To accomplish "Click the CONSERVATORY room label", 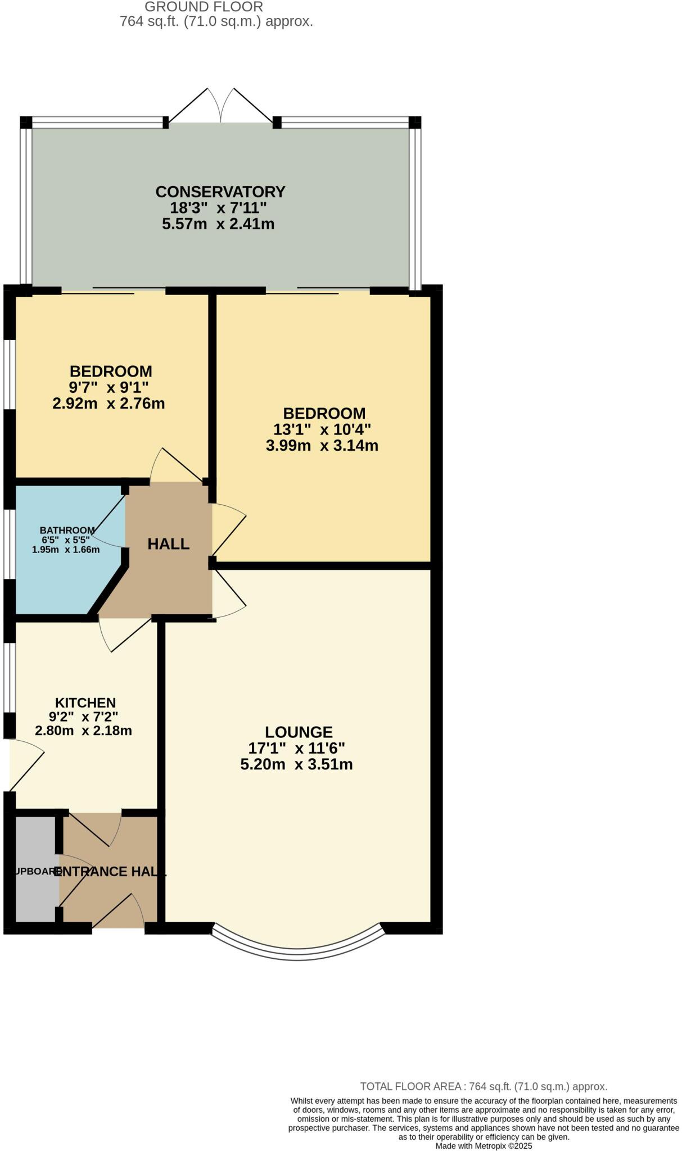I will click(220, 192).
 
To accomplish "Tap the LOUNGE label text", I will click(299, 732).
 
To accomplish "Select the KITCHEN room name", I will click(85, 703).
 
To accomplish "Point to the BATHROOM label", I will click(67, 530).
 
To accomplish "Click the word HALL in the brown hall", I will click(168, 543).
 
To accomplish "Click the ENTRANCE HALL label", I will click(110, 871).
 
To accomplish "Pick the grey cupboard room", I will click(35, 868).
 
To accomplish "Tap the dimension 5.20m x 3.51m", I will click(296, 764).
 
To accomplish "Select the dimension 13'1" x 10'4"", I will click(322, 429).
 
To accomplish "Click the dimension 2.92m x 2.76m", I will click(109, 404).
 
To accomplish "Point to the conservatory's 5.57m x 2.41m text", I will click(218, 224).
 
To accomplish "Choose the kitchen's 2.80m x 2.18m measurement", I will click(83, 731).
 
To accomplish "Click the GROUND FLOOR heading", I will click(204, 7).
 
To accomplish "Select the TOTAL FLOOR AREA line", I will click(484, 1086).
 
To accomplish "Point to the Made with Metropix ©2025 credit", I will click(484, 1145).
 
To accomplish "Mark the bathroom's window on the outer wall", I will click(9, 543).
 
